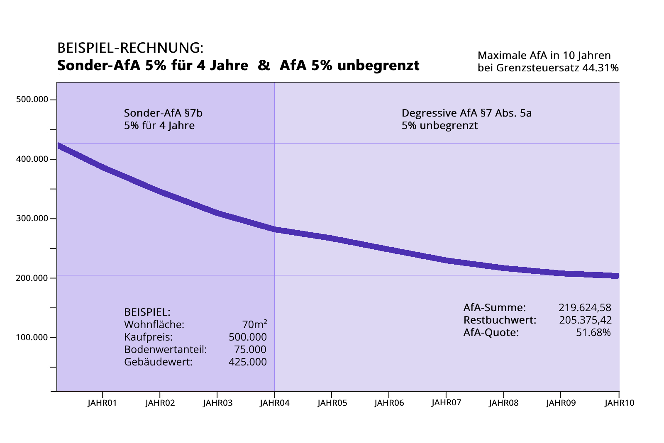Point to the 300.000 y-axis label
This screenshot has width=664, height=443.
pos(32,219)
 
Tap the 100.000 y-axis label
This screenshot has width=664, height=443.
pos(32,337)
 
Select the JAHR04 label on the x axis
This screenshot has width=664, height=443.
pos(274,403)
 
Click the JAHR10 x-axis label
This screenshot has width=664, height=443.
pos(619,403)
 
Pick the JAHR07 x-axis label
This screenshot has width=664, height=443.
pos(446,402)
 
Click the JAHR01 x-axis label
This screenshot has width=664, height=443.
pos(102,403)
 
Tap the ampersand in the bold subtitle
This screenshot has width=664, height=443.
pos(264,66)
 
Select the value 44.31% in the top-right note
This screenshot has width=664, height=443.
pos(600,68)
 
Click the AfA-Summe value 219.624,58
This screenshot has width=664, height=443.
pos(585,307)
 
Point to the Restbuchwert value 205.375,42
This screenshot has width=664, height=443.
pos(585,320)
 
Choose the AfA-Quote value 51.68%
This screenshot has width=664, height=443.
pos(593,332)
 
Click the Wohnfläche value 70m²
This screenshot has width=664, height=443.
pos(254,324)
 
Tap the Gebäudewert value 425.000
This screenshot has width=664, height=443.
pos(247,362)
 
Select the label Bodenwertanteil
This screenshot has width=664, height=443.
pos(165,349)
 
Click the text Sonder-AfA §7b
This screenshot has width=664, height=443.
pos(163,113)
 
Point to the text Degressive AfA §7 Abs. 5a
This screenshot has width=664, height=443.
pos(466,113)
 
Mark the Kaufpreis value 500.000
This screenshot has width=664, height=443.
pos(247,337)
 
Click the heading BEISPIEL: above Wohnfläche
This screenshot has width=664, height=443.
pos(147,312)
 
